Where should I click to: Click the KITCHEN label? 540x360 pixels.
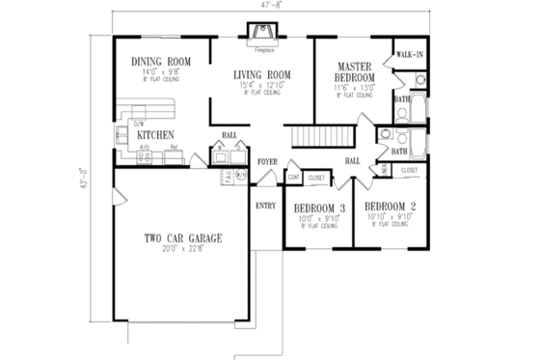[154, 135]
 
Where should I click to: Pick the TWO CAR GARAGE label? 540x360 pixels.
[183, 237]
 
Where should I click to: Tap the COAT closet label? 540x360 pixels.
[293, 178]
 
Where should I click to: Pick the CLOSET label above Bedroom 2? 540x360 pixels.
[409, 170]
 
